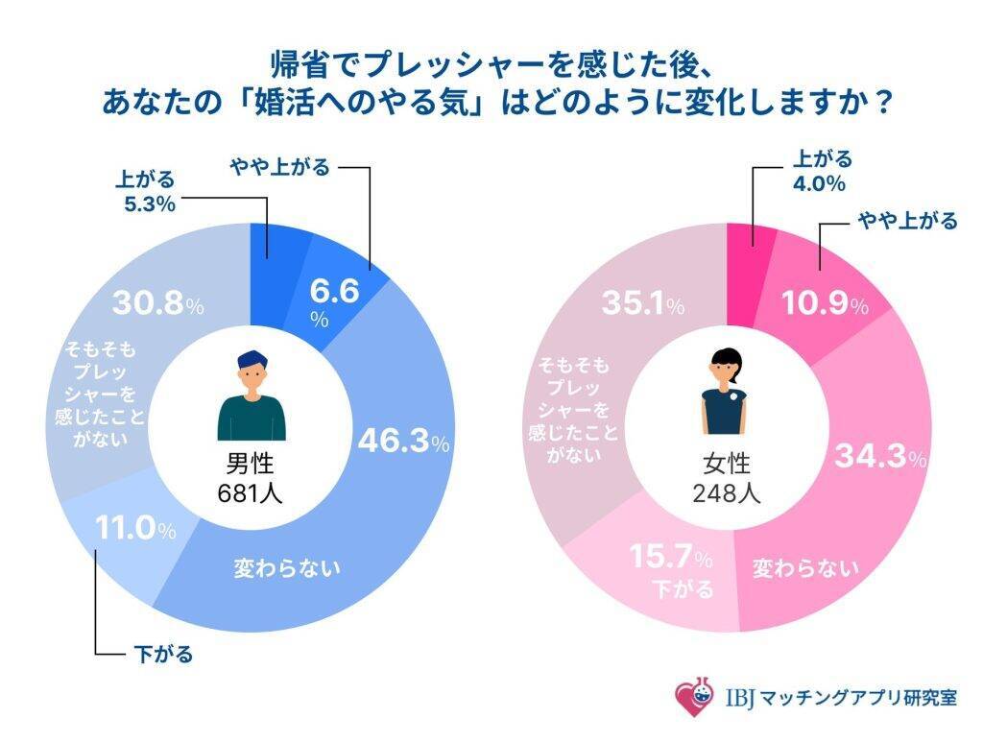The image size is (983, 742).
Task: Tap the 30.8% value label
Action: [x=157, y=304]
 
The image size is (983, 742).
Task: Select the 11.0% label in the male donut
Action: [x=134, y=528]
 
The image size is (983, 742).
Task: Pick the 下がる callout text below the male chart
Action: [x=160, y=656]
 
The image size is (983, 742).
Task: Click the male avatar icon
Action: [x=252, y=395]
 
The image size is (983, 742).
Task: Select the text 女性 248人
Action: [x=727, y=478]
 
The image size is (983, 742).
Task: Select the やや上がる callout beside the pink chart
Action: [x=907, y=222]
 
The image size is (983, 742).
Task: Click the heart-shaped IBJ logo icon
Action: [x=695, y=696]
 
